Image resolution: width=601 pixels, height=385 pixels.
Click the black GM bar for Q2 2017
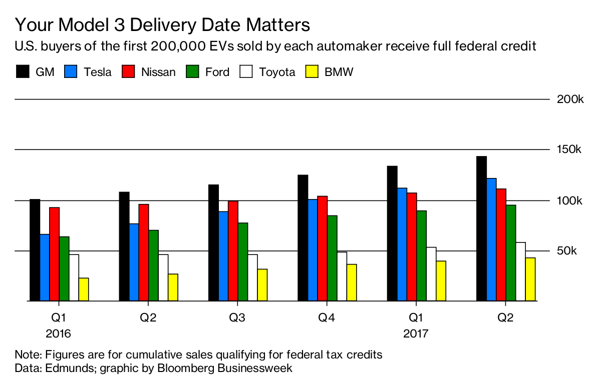click(481, 228)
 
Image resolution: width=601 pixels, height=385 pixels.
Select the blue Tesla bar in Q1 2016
click(45, 267)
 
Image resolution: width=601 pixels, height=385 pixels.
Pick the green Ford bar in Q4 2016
click(332, 258)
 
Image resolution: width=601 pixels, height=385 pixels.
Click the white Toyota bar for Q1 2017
click(431, 274)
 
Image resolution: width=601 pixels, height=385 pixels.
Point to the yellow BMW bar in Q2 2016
click(173, 287)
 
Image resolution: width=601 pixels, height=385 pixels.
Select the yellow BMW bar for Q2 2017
click(530, 279)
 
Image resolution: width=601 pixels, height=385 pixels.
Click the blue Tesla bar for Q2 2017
click(491, 239)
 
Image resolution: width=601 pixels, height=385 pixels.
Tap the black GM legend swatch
click(22, 71)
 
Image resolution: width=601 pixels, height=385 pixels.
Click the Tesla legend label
click(98, 72)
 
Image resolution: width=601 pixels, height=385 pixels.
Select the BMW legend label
click(339, 72)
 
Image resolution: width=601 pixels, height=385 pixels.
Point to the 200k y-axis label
click(570, 99)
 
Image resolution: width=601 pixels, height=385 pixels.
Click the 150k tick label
click(570, 149)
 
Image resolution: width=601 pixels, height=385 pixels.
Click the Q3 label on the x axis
click(237, 317)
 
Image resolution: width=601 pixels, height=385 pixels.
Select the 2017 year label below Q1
click(416, 333)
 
